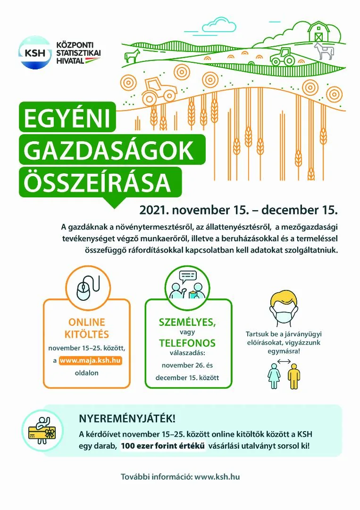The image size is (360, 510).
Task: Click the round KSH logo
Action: point(34,52)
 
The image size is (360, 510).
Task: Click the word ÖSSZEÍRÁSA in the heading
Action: point(97,181)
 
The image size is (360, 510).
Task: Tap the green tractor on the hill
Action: point(282,57)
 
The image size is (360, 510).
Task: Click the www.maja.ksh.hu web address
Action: point(93,361)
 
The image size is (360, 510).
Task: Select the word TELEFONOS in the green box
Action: point(187,343)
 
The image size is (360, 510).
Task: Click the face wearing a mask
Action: point(284,309)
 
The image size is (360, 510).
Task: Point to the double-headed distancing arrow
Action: point(284,362)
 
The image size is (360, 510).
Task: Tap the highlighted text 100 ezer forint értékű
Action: point(163,446)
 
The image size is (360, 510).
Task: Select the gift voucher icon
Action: point(43,431)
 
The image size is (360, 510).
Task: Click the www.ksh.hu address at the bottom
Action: point(217,476)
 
